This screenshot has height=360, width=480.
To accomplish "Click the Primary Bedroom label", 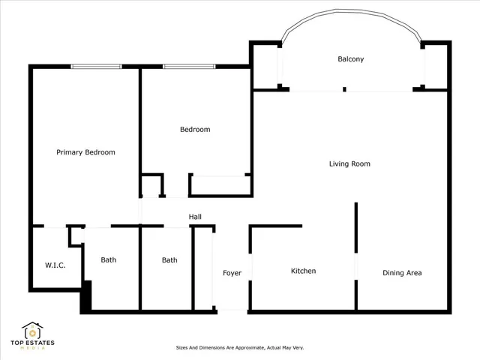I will (x=85, y=152).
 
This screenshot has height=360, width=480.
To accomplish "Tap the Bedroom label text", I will (x=195, y=130).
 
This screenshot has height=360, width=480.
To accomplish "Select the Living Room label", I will (x=349, y=163).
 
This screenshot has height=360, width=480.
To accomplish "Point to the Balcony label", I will (x=350, y=59).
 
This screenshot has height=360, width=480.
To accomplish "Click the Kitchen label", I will (x=303, y=271).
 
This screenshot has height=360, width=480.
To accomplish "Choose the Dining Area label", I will (x=402, y=273).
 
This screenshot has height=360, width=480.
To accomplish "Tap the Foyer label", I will (x=232, y=273).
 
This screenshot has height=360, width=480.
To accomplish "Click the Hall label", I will (x=195, y=217).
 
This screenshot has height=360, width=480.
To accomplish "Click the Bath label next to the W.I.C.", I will (x=109, y=260).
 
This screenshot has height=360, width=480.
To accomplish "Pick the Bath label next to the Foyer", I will (x=169, y=260).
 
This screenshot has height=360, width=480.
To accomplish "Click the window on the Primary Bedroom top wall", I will (x=95, y=67).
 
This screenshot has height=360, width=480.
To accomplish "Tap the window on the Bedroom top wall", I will (x=187, y=67).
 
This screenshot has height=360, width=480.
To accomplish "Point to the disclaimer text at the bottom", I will (x=239, y=348).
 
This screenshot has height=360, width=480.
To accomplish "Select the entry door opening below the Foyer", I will (x=231, y=310).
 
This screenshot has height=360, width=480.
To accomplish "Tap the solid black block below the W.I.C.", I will (x=85, y=296).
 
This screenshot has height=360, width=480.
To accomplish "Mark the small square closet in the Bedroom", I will (x=152, y=185).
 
